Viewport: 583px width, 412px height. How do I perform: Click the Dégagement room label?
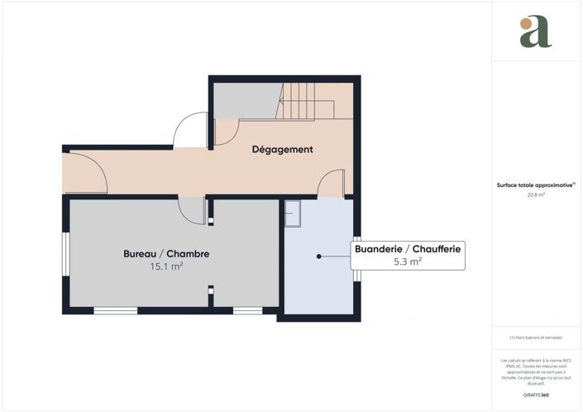click(282, 150)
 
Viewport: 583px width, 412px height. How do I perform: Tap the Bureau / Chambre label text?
click(166, 253)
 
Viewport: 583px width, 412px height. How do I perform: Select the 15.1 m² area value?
click(166, 267)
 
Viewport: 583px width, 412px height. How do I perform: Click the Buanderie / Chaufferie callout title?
click(408, 248)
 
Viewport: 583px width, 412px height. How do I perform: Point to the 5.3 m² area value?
click(408, 261)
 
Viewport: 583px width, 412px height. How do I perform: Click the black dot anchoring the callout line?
click(318, 256)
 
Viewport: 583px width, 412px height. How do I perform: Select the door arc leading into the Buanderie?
click(331, 183)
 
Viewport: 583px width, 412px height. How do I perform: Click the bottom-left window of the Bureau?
click(115, 311)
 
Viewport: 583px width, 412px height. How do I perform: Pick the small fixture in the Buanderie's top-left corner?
click(293, 214)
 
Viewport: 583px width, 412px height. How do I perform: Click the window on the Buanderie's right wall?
click(358, 270)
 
